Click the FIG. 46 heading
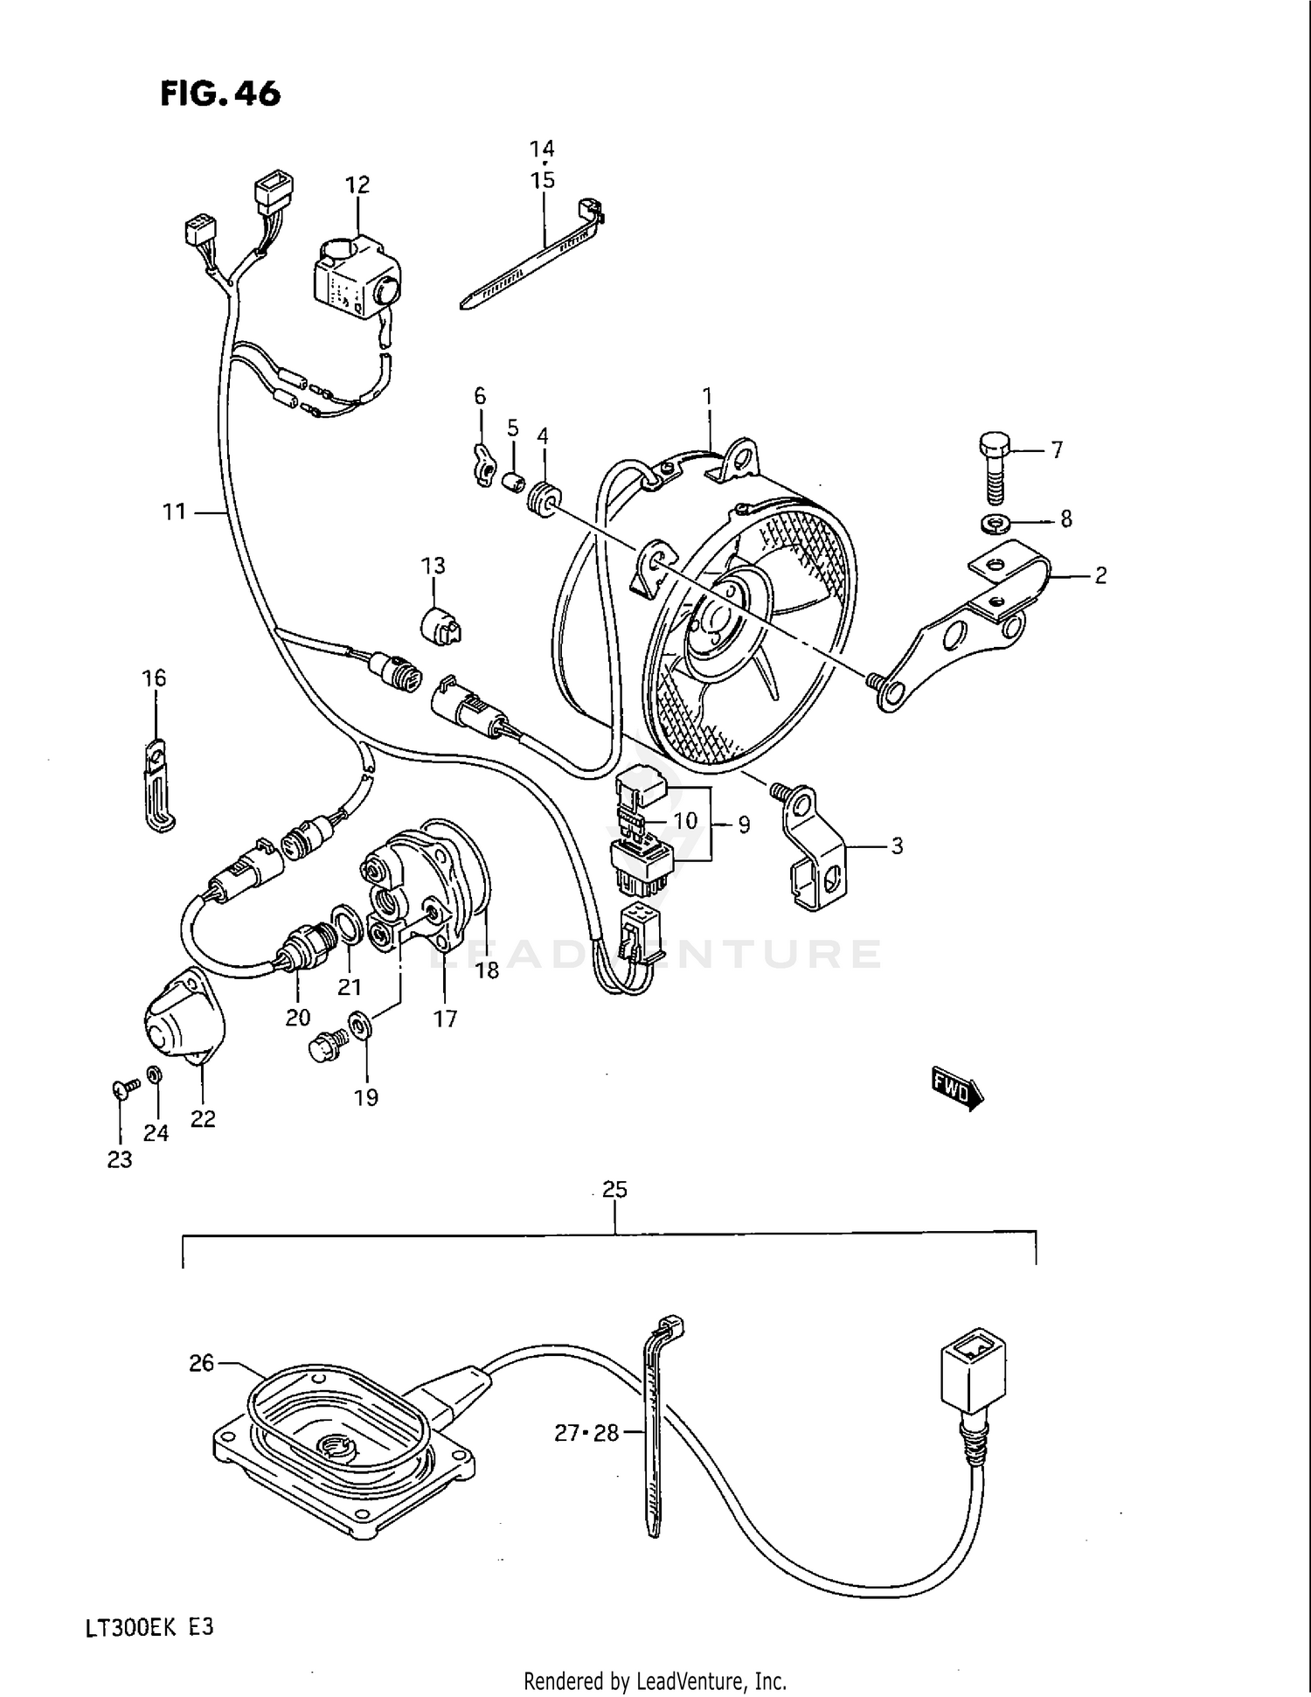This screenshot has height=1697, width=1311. coord(220,94)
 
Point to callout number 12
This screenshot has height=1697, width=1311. coord(357,184)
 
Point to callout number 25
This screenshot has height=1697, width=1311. coord(615,1189)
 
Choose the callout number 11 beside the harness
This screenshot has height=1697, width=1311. coord(174,511)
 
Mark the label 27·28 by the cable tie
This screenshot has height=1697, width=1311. coord(586,1433)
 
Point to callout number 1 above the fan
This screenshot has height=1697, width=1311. coord(707,397)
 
